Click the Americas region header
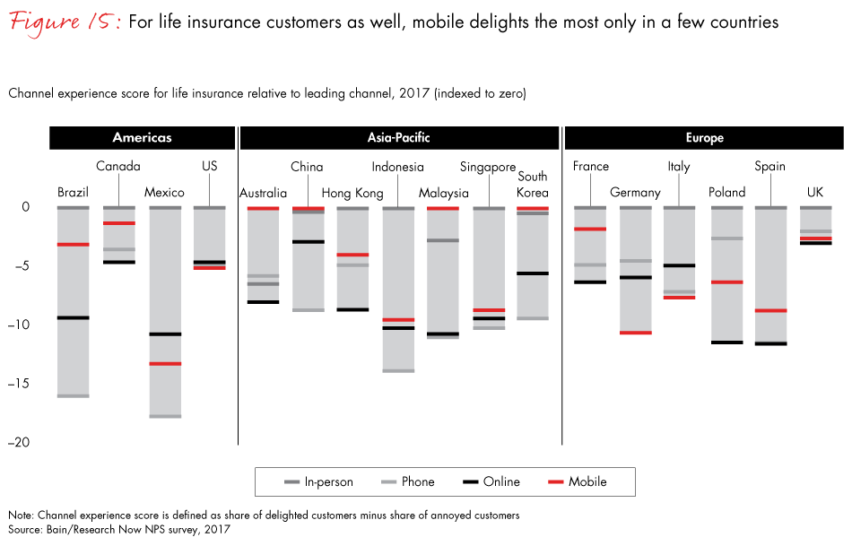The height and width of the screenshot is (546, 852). [142, 138]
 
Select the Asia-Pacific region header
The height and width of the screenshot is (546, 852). [398, 138]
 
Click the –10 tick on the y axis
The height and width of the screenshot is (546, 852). [25, 325]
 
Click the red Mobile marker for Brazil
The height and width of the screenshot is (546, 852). [73, 245]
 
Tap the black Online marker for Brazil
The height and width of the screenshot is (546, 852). [73, 317]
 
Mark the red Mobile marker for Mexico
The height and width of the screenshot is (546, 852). [165, 363]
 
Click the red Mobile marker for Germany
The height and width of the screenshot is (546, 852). [635, 333]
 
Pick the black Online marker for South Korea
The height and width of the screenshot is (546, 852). [532, 273]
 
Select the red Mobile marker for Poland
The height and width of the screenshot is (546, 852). [726, 282]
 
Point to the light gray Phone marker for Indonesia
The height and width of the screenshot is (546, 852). [398, 370]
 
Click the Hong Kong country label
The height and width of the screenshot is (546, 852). [352, 193]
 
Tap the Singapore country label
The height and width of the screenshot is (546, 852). [488, 167]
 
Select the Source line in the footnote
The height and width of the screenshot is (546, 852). [119, 529]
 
